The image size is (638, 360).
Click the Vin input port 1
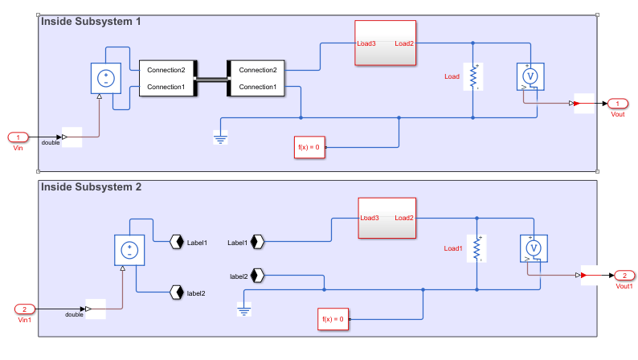(18, 137)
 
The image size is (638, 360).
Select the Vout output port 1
(617, 104)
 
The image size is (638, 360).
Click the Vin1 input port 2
(24, 309)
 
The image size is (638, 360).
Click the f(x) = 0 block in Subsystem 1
(309, 148)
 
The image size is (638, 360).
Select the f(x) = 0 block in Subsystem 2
(333, 319)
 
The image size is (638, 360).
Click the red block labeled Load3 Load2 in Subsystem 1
(386, 43)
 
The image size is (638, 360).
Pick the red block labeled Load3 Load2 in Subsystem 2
(386, 218)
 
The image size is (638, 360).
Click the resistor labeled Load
(473, 76)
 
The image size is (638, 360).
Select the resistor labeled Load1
(477, 248)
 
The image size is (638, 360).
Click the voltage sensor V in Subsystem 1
(529, 76)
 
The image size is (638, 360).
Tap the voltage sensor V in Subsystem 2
(533, 248)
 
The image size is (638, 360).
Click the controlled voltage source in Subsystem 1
(105, 79)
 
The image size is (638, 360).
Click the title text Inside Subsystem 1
(91, 22)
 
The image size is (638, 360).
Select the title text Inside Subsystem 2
(91, 187)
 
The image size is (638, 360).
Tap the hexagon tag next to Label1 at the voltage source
(176, 241)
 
